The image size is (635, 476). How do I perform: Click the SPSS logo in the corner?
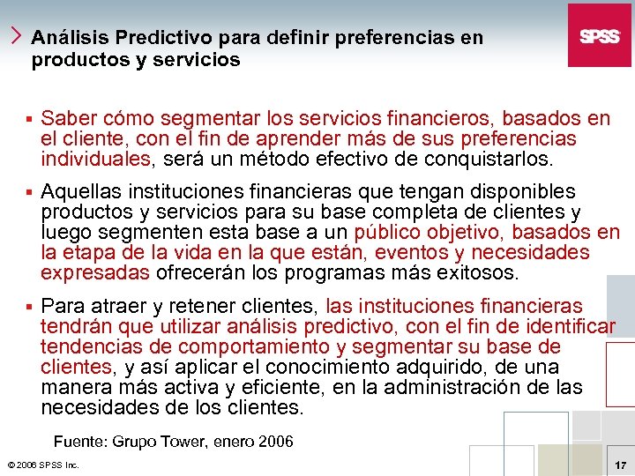(599, 35)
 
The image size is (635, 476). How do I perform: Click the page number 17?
(619, 464)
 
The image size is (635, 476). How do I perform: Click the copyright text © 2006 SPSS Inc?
(42, 465)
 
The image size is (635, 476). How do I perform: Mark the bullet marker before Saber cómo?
(29, 119)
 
